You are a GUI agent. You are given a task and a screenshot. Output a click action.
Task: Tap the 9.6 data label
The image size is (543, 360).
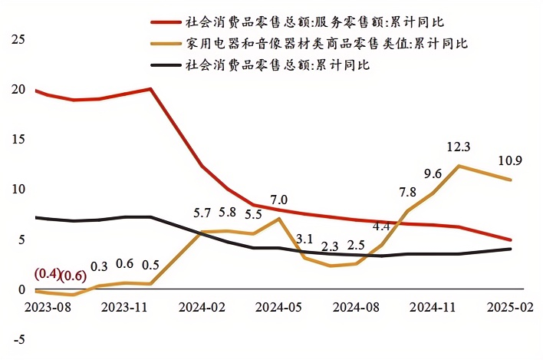tap(432, 173)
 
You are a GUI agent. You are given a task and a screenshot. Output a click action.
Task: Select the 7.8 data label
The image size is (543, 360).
tap(407, 192)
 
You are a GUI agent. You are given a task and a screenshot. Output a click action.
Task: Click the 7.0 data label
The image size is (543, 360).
tap(279, 200)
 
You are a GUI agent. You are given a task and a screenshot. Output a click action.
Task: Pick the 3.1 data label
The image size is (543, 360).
tap(304, 239)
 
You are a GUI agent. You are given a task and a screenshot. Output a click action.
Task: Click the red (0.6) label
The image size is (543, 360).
tap(73, 276)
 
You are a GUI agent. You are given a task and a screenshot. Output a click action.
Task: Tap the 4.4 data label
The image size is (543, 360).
tap(381, 226)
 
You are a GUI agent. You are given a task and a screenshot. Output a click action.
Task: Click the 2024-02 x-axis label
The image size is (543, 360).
tap(202, 306)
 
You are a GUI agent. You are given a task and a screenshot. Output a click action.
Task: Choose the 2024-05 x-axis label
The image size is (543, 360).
tap(279, 306)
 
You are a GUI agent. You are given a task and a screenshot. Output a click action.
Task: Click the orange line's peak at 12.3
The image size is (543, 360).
tap(458, 166)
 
